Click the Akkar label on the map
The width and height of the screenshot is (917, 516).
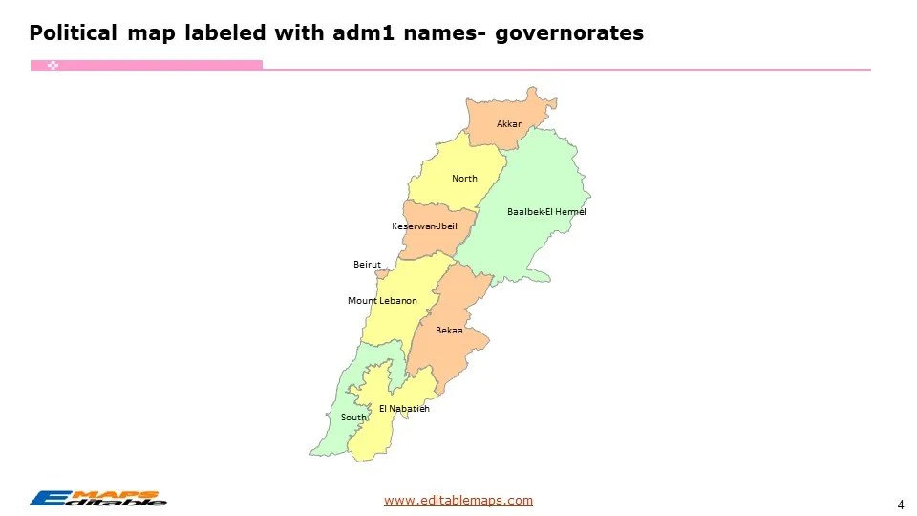[x=509, y=124]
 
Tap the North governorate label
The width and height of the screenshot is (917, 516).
[x=464, y=179]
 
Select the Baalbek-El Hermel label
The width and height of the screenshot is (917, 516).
[x=546, y=211]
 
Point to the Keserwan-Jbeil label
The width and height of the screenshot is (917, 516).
[x=424, y=226]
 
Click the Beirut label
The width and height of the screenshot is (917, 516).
[x=367, y=264]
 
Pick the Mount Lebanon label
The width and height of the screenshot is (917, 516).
[x=382, y=301]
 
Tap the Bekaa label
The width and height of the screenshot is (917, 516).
[x=449, y=331]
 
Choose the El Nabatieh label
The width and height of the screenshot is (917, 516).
[x=404, y=409]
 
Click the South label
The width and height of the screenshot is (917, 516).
[x=353, y=418]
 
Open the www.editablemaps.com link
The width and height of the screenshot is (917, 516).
[x=458, y=500]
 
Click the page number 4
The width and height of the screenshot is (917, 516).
[x=901, y=505]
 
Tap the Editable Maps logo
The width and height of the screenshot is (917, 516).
[x=97, y=498]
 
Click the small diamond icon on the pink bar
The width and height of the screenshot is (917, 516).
[x=53, y=65]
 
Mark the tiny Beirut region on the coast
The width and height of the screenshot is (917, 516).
[x=382, y=274]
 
